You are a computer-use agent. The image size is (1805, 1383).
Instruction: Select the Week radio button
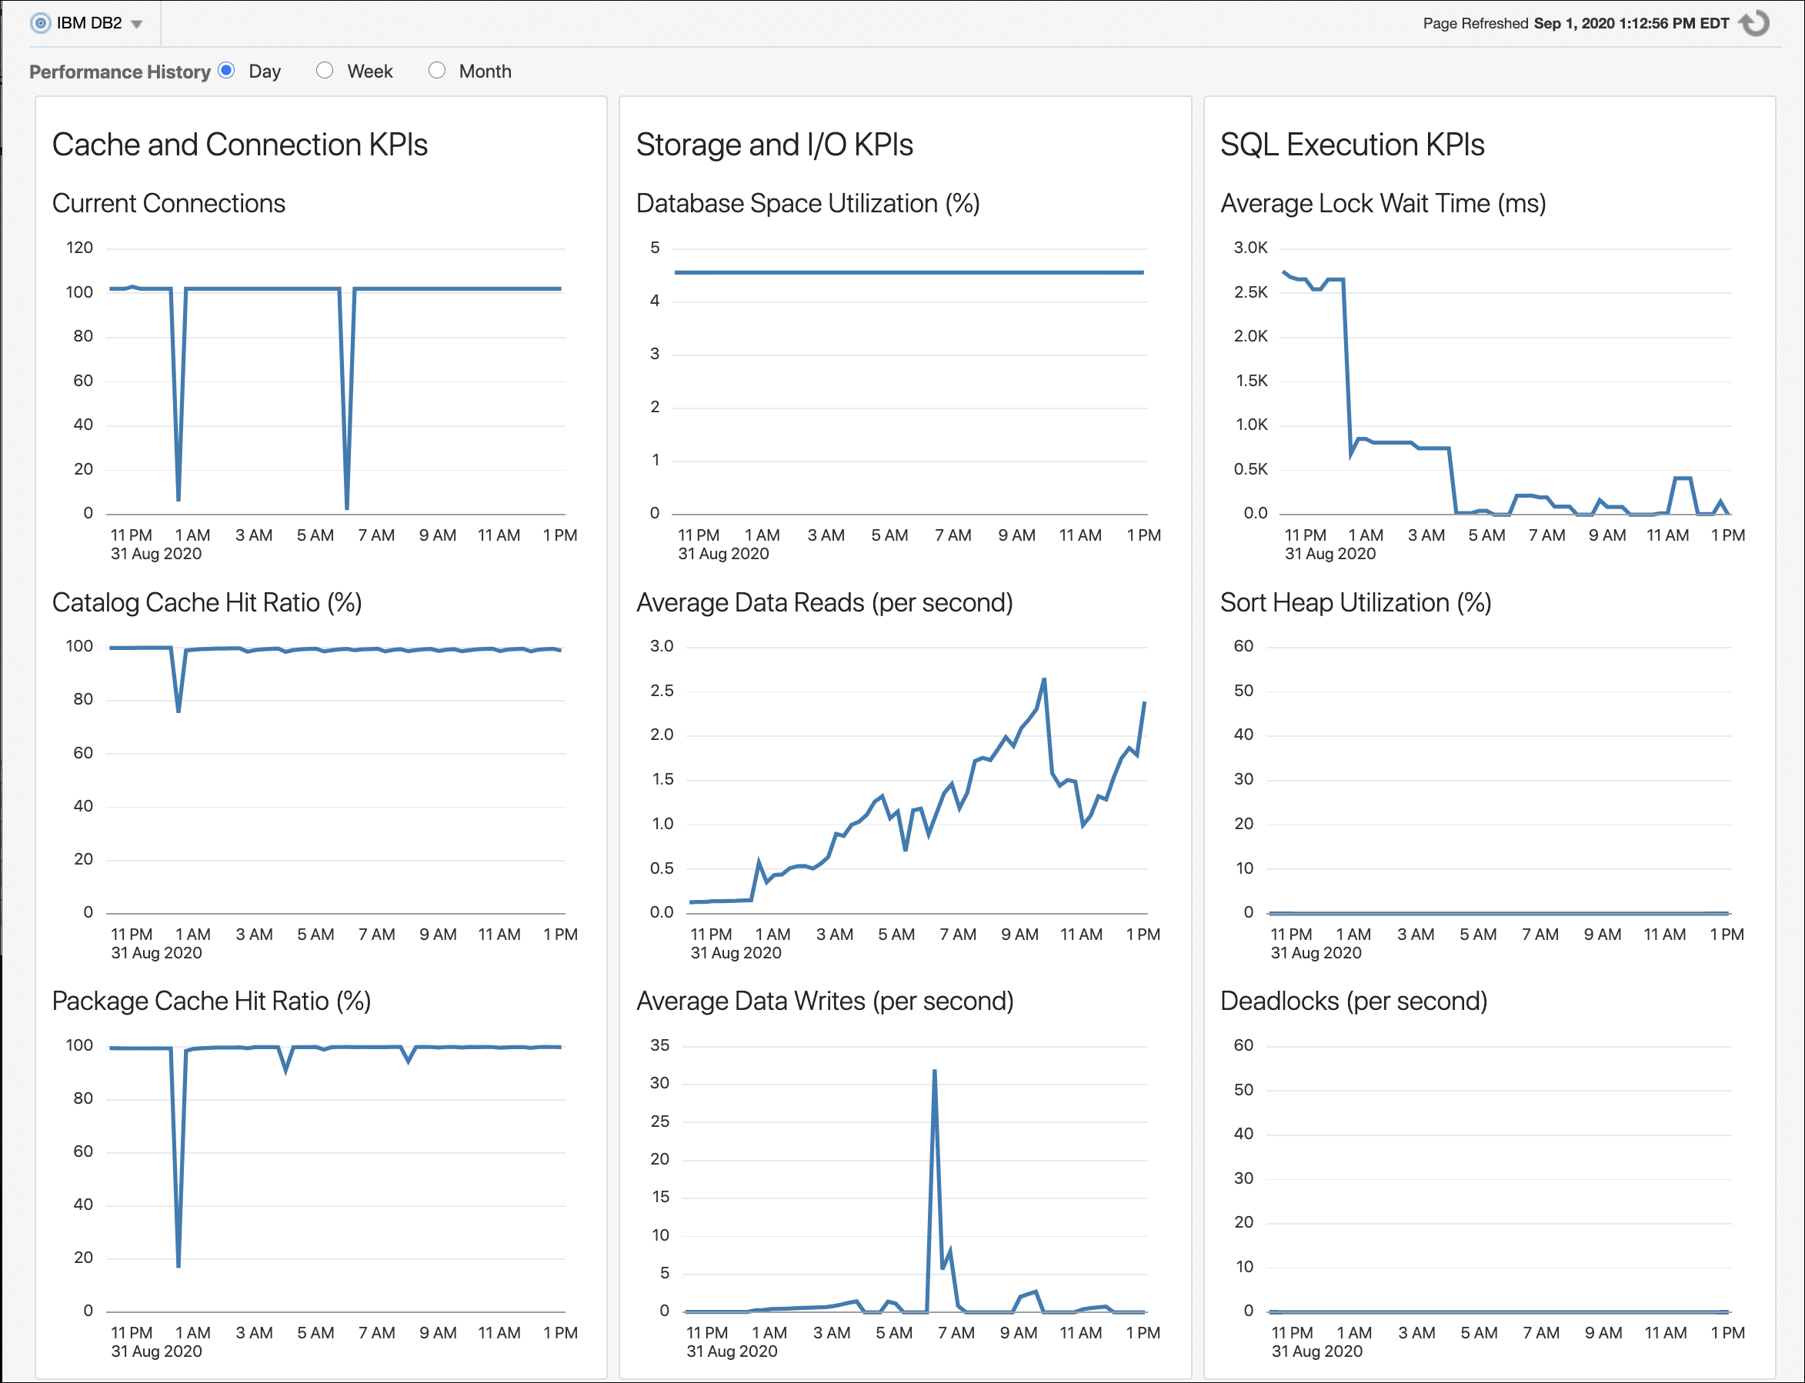[325, 71]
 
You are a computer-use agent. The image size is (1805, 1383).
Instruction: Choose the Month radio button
[436, 71]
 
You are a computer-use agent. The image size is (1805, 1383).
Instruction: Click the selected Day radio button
[226, 71]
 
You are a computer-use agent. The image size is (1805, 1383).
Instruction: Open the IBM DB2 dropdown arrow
[137, 24]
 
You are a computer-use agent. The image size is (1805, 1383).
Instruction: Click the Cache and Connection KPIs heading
[239, 145]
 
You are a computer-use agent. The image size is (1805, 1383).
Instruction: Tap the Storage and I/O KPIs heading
[774, 145]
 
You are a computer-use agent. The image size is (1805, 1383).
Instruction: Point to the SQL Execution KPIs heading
[1351, 145]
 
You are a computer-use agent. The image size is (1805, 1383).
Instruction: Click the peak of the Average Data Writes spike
[935, 1071]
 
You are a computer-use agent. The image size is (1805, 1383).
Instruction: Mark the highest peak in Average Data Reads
[1044, 680]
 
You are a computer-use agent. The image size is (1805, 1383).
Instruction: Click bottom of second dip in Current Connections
[347, 508]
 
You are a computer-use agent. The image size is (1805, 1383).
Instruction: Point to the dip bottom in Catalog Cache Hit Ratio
[178, 711]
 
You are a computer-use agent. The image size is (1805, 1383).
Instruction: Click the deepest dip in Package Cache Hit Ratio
[178, 1265]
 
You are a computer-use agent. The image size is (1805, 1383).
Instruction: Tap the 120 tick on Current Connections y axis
[80, 248]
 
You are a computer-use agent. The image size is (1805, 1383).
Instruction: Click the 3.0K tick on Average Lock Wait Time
[1250, 248]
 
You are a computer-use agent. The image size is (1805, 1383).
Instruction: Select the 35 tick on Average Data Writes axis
[659, 1045]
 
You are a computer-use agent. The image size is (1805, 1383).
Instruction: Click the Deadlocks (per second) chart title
[1353, 1001]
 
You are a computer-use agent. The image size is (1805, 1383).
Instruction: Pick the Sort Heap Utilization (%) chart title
[1355, 602]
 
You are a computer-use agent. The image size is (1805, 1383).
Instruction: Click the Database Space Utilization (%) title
[807, 203]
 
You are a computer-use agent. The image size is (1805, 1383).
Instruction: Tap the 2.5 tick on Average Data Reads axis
[661, 691]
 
